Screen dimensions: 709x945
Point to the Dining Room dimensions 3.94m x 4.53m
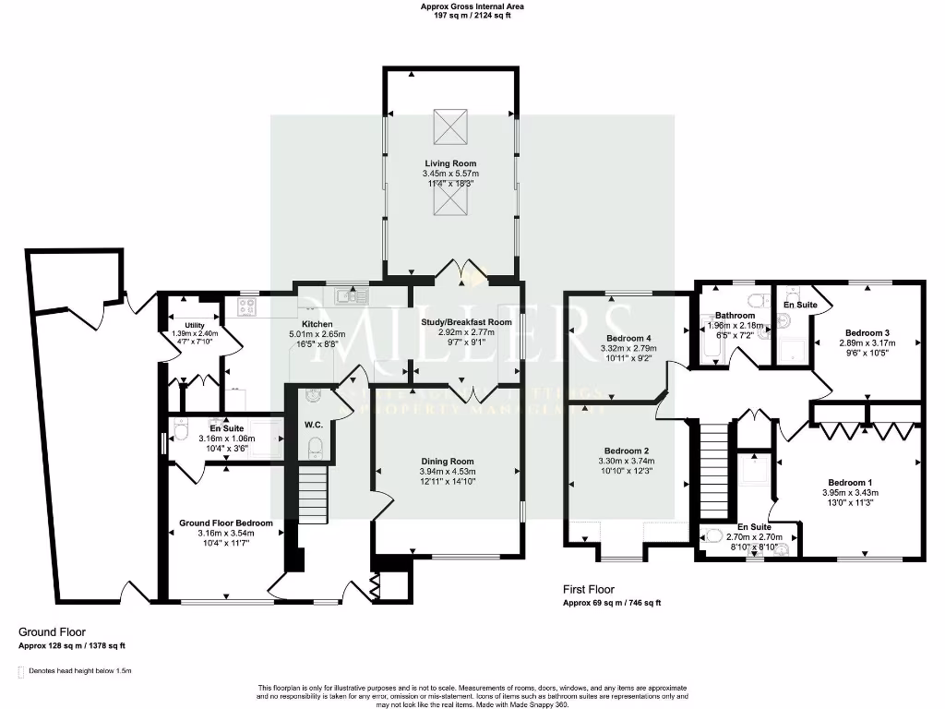click(448, 471)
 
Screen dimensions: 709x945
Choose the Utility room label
click(194, 325)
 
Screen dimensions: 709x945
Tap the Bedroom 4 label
click(629, 338)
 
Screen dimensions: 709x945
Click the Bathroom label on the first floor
click(735, 316)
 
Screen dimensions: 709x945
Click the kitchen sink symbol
click(352, 295)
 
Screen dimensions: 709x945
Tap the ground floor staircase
click(314, 495)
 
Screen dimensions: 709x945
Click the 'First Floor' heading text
click(589, 589)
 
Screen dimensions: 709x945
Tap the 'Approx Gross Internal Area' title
click(472, 6)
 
